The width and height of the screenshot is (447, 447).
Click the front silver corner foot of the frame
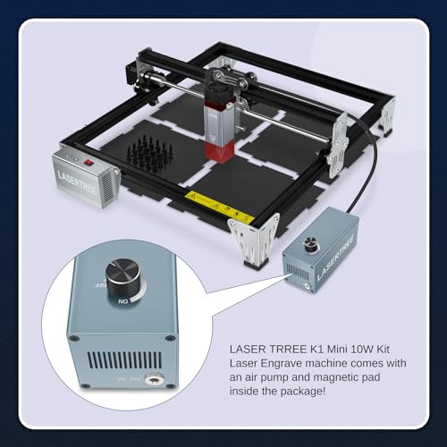pos(249,241)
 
